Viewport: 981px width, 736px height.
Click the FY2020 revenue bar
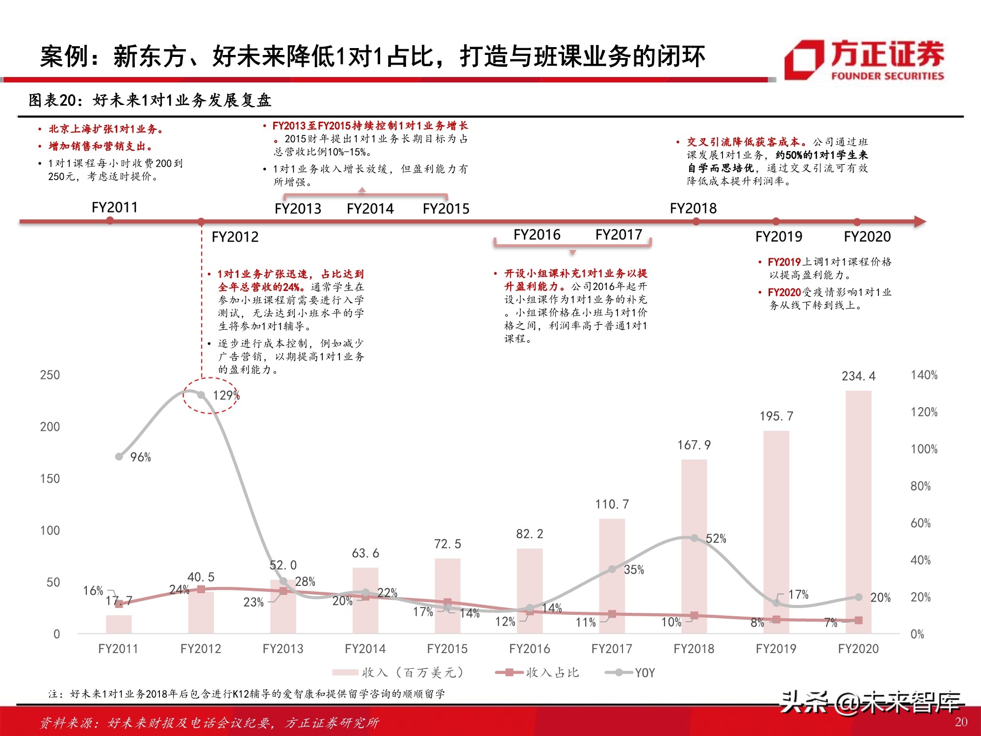coord(858,510)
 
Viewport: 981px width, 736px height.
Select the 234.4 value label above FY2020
coord(858,376)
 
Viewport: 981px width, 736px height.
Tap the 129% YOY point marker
coord(201,395)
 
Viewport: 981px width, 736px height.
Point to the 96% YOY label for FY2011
coord(140,457)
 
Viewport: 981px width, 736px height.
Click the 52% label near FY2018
coord(716,539)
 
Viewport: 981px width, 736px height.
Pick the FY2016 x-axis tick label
coord(529,649)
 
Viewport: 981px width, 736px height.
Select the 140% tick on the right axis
coord(924,375)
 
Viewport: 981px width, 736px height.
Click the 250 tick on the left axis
coord(50,375)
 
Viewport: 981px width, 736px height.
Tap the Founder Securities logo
coord(863,60)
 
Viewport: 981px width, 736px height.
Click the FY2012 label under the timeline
coord(234,237)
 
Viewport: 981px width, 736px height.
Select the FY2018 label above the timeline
coord(693,209)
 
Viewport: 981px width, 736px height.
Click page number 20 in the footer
coord(961,722)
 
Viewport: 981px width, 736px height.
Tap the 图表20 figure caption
coord(150,100)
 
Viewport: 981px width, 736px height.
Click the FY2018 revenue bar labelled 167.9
coord(694,545)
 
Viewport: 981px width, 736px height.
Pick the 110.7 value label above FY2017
coord(612,504)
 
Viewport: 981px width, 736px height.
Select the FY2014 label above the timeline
coord(370,209)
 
